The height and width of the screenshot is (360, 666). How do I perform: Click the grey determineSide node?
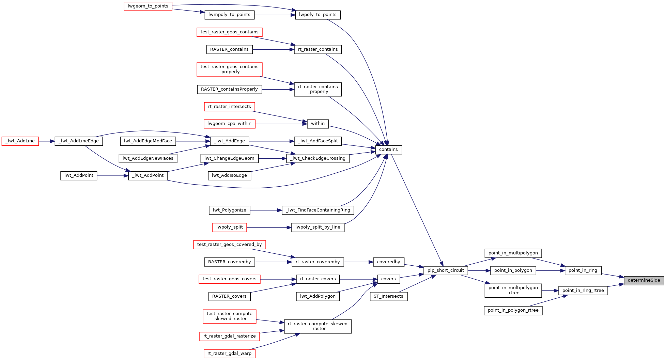[644, 280]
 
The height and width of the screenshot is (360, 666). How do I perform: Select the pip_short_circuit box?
[446, 270]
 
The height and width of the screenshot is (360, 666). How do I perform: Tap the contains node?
[388, 150]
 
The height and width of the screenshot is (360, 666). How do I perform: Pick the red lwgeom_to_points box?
[148, 6]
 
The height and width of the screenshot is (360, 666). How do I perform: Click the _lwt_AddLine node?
[20, 141]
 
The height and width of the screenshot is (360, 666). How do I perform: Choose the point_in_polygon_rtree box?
[513, 310]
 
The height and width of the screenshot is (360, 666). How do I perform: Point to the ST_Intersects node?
[388, 296]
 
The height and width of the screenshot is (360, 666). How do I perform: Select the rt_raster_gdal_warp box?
[229, 354]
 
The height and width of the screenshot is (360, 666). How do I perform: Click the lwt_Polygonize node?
[229, 210]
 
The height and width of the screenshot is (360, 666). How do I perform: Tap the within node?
[317, 124]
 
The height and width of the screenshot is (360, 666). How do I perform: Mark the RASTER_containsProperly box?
[229, 89]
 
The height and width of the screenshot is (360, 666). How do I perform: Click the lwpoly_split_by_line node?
[317, 227]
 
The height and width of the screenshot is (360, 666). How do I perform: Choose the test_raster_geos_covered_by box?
[229, 245]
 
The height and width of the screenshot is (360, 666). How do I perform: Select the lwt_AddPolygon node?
[317, 296]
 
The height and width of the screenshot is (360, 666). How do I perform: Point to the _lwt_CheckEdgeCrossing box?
[317, 158]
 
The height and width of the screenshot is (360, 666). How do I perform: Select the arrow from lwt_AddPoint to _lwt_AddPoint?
[112, 176]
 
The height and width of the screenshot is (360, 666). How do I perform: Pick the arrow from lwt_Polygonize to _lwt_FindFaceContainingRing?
[266, 210]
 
